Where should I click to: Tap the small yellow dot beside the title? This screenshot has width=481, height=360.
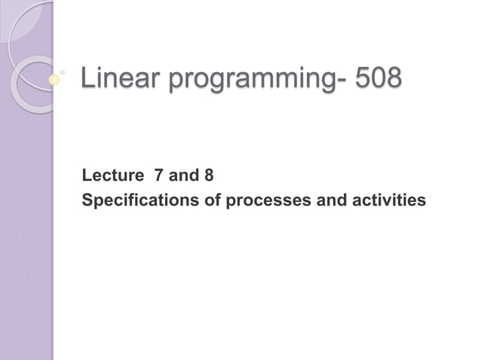[x=54, y=78]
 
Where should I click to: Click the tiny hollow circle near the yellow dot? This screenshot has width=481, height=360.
[x=63, y=72]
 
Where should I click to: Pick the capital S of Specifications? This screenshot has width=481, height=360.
[x=87, y=201]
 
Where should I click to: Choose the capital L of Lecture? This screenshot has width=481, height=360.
[x=87, y=177]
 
